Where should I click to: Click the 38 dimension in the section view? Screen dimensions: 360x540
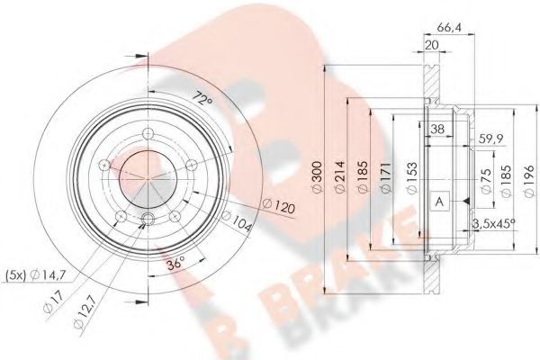[x=437, y=129]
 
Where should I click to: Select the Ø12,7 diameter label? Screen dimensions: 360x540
[x=86, y=311]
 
